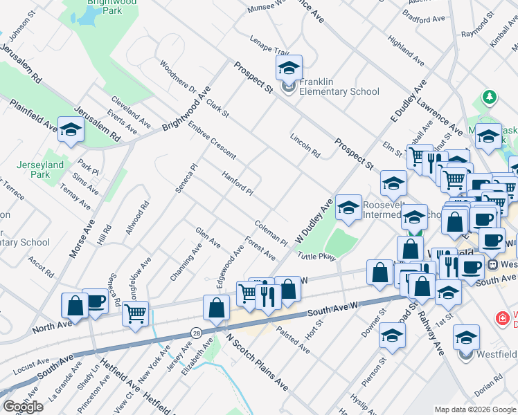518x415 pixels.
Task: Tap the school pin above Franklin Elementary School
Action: point(289,68)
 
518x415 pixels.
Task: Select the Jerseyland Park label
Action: point(41,169)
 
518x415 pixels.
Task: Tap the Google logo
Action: point(23,406)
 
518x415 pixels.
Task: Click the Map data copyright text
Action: point(475,409)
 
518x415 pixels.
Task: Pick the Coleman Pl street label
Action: point(271,234)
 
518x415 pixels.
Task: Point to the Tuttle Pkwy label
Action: point(316,257)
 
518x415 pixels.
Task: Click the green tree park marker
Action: point(490,98)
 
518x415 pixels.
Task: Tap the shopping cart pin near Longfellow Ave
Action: point(135,313)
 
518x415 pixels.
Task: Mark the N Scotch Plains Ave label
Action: point(257,362)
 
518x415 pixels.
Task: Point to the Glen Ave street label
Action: point(208,239)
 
